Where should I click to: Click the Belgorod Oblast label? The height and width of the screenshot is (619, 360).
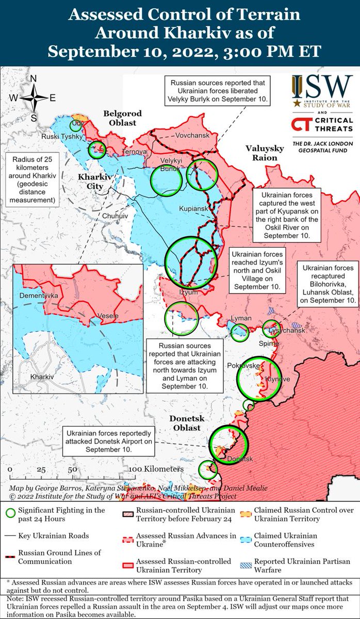(x=120, y=118)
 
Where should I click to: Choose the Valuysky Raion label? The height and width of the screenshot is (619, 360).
(x=265, y=153)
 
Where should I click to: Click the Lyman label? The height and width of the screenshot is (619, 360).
(x=241, y=318)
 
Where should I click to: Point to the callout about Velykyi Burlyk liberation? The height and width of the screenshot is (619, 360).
(x=217, y=91)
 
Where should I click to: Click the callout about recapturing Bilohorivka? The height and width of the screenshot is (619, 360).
(x=328, y=283)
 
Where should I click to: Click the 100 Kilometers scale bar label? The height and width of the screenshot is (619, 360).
(x=156, y=469)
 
